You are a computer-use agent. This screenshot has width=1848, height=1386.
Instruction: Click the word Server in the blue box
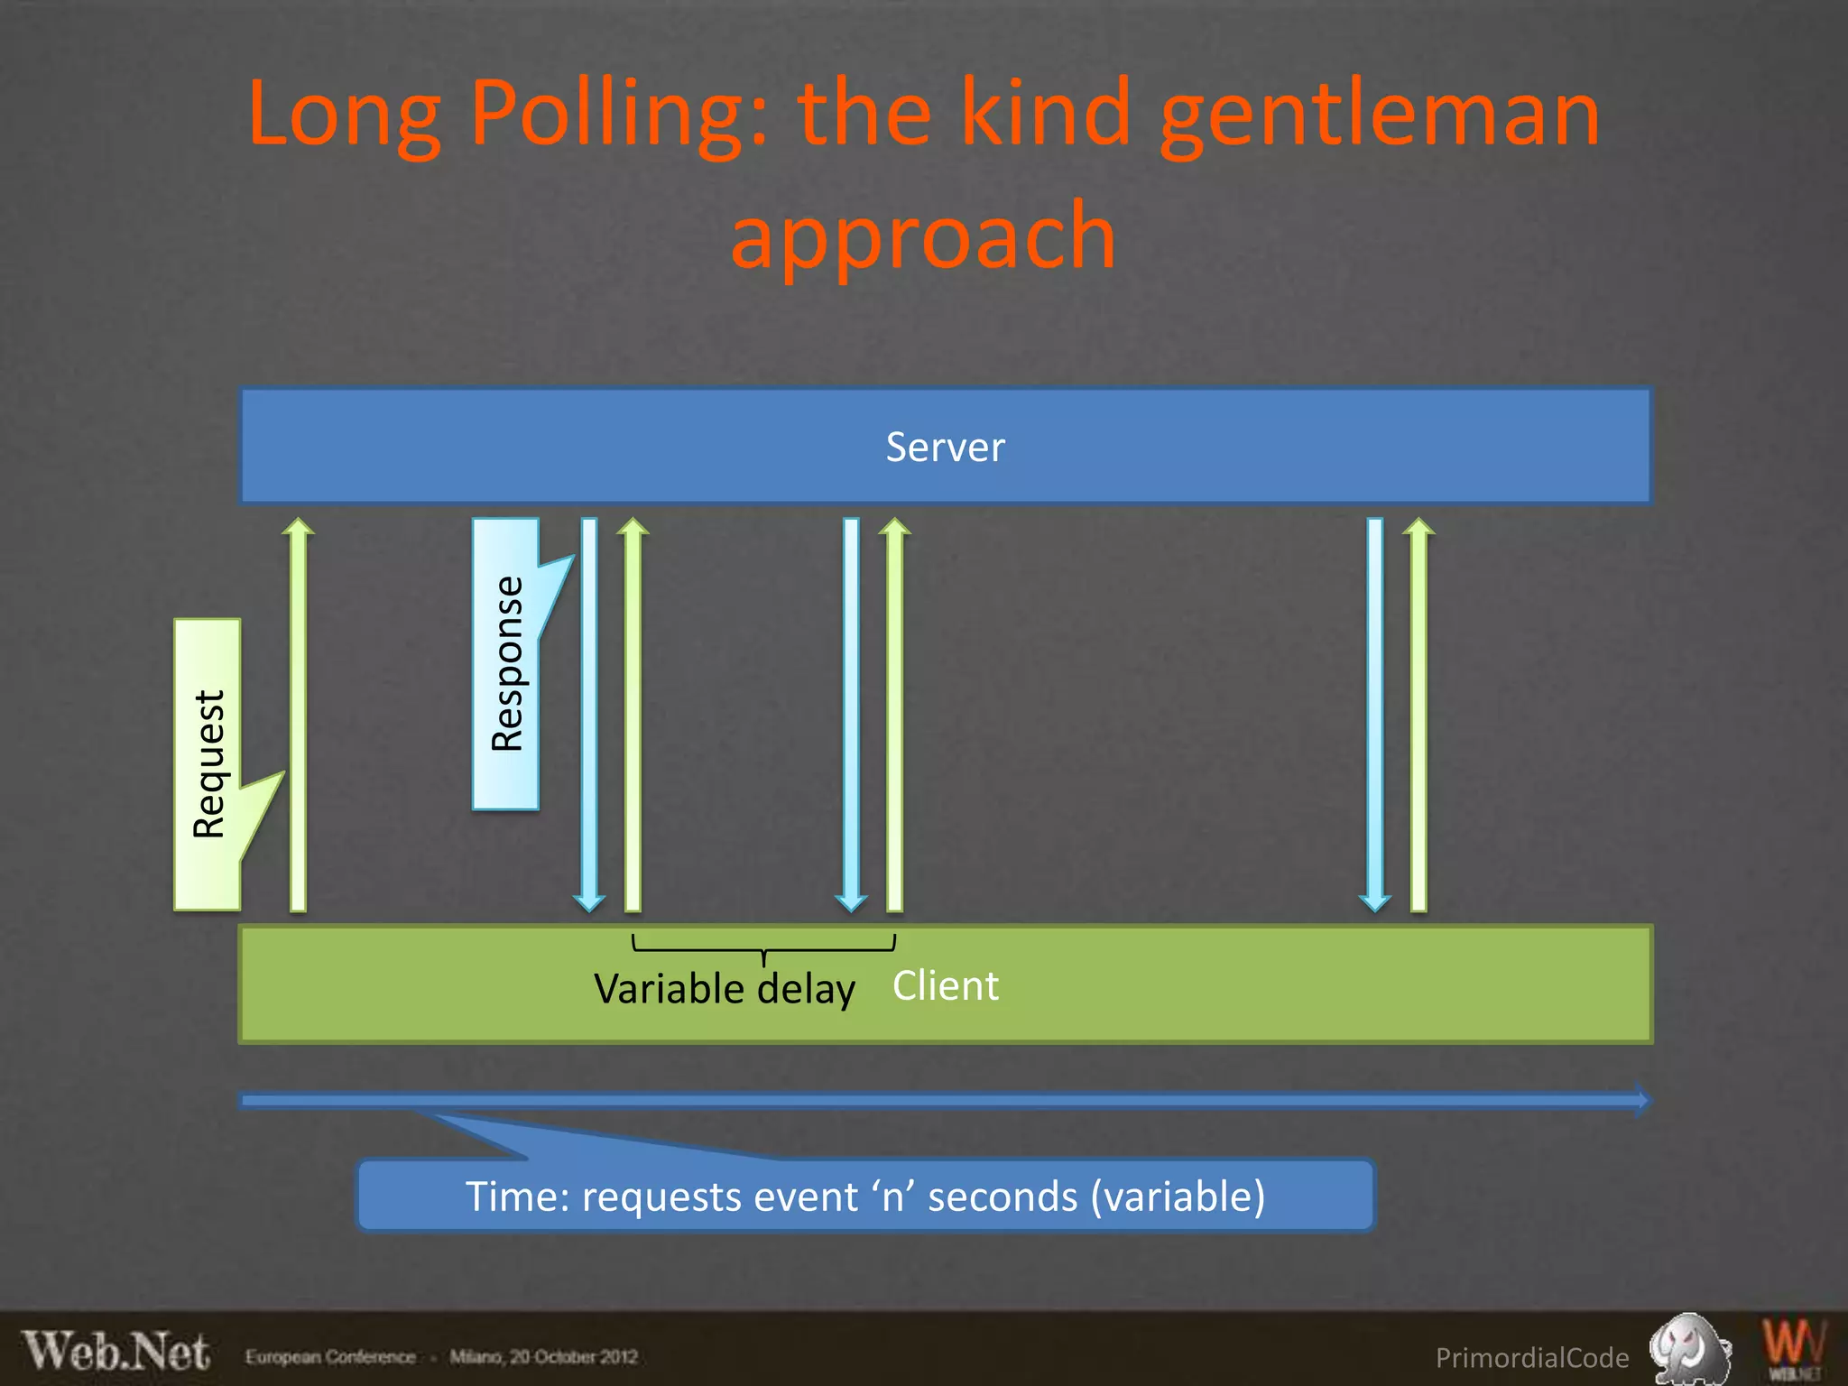pyautogui.click(x=945, y=447)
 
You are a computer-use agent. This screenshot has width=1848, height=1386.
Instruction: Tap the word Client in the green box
pyautogui.click(x=945, y=985)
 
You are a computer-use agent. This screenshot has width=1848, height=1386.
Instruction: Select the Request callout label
pyautogui.click(x=208, y=764)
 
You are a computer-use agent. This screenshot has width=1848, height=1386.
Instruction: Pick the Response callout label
pyautogui.click(x=506, y=663)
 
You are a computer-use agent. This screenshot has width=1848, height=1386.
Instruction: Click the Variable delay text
pyautogui.click(x=724, y=989)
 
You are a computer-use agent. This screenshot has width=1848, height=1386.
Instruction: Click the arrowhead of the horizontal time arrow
pyautogui.click(x=1642, y=1100)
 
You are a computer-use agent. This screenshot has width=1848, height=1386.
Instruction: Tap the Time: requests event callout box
pyautogui.click(x=864, y=1196)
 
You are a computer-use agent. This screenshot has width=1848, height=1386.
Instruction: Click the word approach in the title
pyautogui.click(x=923, y=236)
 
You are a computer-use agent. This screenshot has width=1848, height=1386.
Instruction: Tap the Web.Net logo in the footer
pyautogui.click(x=116, y=1352)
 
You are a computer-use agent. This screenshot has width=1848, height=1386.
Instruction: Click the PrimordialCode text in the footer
pyautogui.click(x=1531, y=1357)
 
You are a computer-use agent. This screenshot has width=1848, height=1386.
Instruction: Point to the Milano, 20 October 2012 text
pyautogui.click(x=544, y=1357)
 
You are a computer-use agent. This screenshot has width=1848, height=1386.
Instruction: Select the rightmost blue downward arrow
pyautogui.click(x=1374, y=713)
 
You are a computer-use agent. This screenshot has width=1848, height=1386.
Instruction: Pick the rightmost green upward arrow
pyautogui.click(x=1418, y=713)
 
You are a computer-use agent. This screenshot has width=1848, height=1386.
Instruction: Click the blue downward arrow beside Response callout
pyautogui.click(x=589, y=713)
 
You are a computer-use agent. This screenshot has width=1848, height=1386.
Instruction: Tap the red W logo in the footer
pyautogui.click(x=1793, y=1347)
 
